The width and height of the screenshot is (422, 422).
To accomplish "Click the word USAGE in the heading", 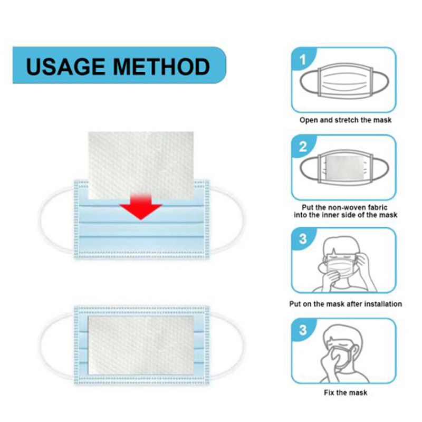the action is pyautogui.click(x=65, y=66).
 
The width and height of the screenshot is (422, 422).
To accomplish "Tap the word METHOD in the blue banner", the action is pyautogui.click(x=161, y=66).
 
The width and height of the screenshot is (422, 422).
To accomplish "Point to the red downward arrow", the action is pyautogui.click(x=140, y=206).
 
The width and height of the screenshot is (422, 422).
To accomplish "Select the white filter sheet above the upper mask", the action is pyautogui.click(x=141, y=165).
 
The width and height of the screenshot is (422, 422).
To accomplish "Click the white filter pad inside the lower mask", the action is pyautogui.click(x=141, y=345).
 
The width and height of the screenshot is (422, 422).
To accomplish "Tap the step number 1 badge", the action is pyautogui.click(x=303, y=60).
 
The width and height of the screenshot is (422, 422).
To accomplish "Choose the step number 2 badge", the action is pyautogui.click(x=303, y=147).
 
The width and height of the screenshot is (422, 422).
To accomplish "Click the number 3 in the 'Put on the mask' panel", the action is pyautogui.click(x=303, y=239).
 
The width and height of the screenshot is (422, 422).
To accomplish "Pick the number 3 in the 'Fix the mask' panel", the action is pyautogui.click(x=303, y=330).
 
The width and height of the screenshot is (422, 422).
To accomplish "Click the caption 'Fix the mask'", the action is pyautogui.click(x=346, y=392).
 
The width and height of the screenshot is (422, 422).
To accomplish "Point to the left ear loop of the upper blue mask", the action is pyautogui.click(x=41, y=220).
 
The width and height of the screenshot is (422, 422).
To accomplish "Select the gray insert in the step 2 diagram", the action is pyautogui.click(x=345, y=168).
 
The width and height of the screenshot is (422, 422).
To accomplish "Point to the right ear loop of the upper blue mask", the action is pyautogui.click(x=241, y=220).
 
